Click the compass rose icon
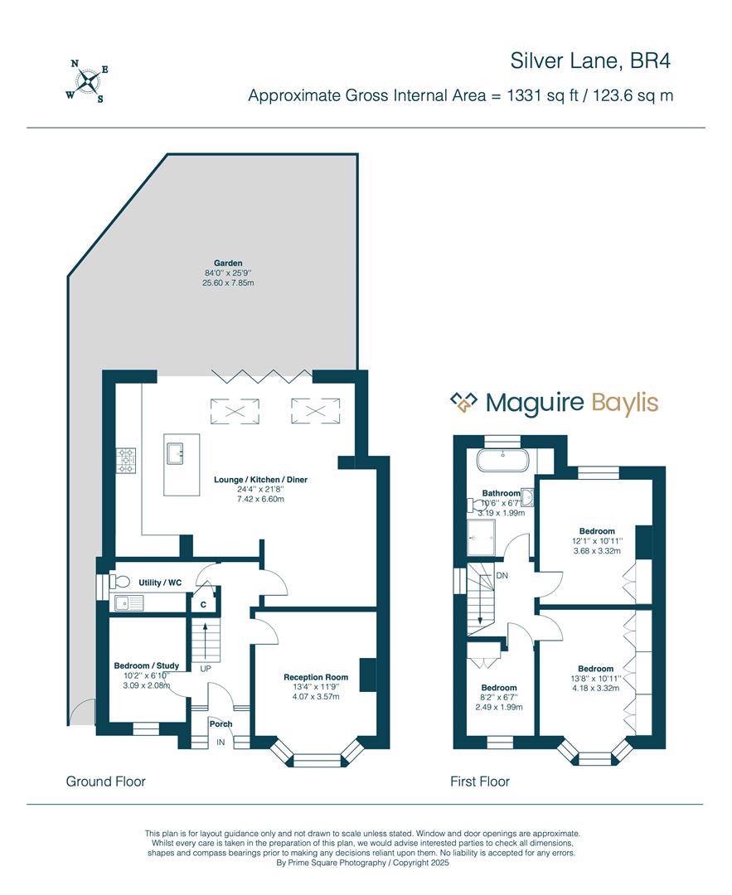87,81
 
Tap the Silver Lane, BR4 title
590,61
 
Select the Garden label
228,264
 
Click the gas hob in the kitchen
126,461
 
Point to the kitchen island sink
176,456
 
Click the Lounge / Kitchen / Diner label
260,480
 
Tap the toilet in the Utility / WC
119,582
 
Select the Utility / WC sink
129,602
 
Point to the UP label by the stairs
206,668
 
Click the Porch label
221,723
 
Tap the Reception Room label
316,677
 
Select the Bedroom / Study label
147,665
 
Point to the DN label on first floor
502,575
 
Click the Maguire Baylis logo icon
463,402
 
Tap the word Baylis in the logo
625,404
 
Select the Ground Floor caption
105,781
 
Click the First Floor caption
480,781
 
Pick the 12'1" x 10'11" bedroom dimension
597,540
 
